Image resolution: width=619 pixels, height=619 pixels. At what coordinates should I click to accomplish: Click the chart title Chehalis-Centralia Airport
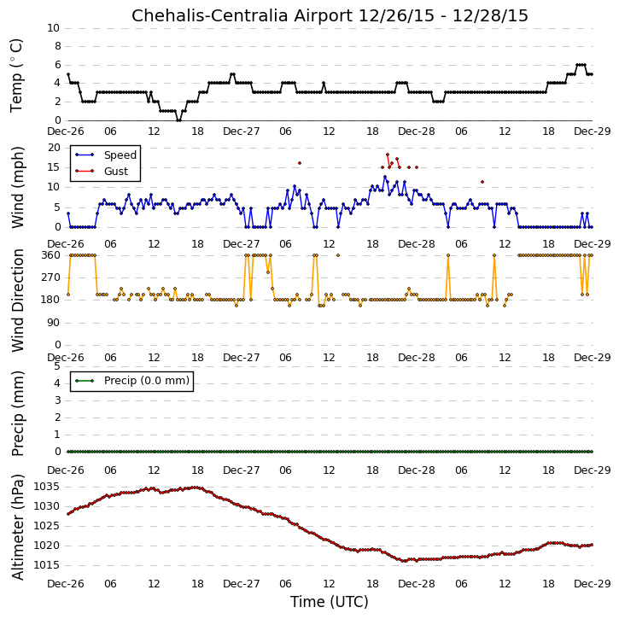[242, 15]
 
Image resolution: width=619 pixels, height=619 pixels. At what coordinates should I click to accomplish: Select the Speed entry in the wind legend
[120, 155]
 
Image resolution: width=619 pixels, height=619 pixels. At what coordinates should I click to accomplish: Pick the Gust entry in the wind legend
[116, 172]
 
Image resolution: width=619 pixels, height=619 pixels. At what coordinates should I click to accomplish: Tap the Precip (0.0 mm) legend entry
[147, 381]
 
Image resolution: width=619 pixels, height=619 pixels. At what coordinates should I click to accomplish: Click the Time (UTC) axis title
[330, 602]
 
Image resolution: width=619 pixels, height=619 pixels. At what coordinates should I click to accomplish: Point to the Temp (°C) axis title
[16, 75]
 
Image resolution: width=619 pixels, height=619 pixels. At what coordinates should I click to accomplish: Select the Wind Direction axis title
[18, 301]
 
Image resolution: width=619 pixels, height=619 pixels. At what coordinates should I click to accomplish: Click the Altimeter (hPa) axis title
[18, 527]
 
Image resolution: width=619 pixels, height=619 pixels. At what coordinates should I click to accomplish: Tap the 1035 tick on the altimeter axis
[46, 487]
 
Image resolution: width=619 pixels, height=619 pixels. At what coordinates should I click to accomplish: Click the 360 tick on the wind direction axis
[50, 255]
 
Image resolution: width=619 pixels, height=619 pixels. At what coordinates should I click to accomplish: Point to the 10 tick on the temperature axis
[53, 28]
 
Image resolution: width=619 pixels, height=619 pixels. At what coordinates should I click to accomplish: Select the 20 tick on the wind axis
[54, 148]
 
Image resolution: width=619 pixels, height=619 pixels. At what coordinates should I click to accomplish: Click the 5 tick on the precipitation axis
[57, 366]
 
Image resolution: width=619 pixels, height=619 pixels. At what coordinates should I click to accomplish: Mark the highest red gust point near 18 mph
[388, 155]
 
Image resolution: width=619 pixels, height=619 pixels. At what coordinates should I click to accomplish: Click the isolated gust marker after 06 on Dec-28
[482, 182]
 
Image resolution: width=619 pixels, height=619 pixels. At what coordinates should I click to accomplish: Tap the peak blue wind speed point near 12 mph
[385, 177]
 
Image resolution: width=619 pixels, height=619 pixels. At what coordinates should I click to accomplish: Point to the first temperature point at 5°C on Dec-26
[68, 74]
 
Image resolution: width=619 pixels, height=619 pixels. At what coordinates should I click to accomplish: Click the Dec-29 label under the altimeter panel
[592, 584]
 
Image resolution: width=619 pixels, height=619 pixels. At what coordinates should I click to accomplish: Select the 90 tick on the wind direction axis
[54, 323]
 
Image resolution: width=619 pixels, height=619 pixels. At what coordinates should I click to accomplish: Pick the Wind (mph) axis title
[18, 187]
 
